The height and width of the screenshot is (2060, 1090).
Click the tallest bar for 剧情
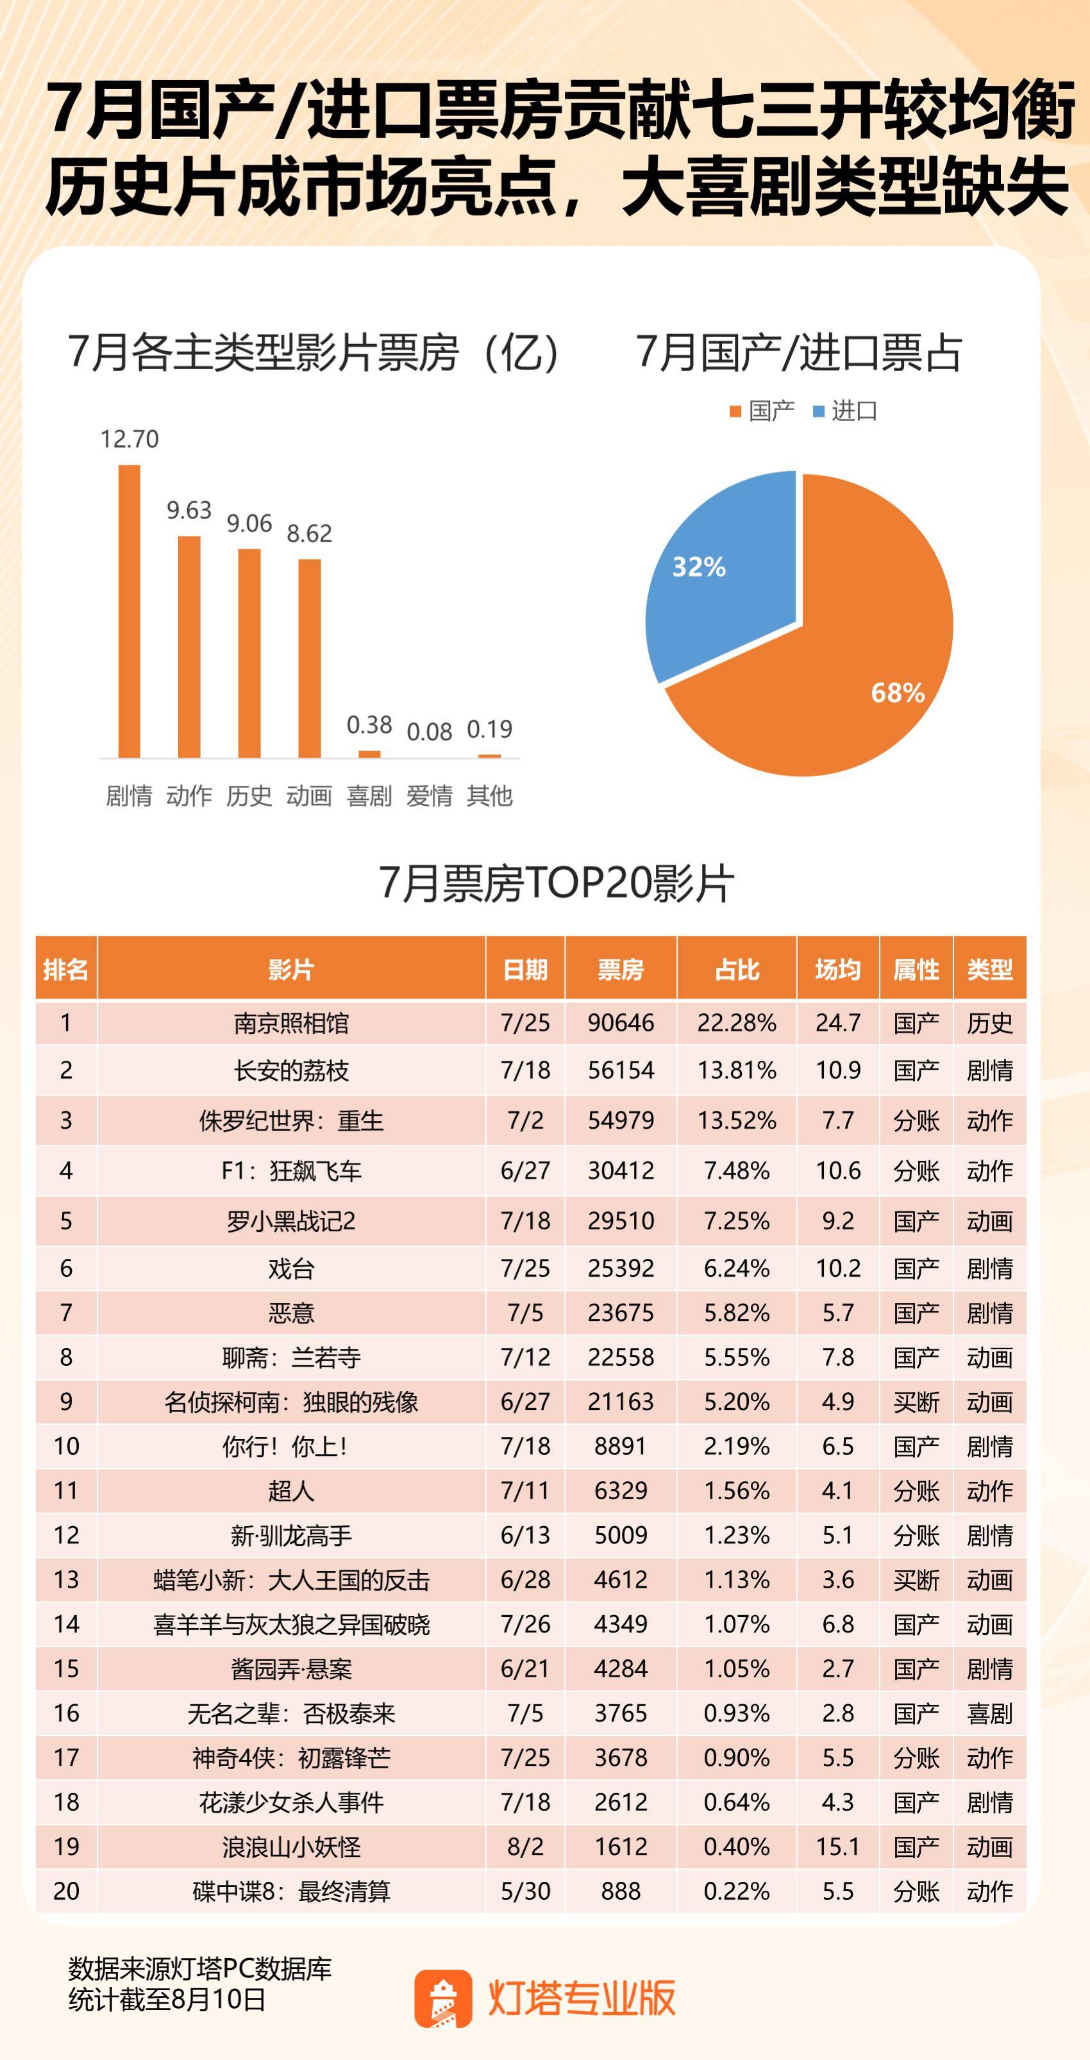point(129,611)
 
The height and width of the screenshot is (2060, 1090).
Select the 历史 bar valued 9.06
point(249,652)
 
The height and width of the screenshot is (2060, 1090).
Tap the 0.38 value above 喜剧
point(369,724)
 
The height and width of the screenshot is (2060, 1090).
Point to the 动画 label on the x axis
point(308,795)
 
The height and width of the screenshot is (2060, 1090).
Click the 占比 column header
point(737,969)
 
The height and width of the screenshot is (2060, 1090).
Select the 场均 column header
point(837,969)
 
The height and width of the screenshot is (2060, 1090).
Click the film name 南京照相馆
point(291,1023)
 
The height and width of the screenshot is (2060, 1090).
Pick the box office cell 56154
point(621,1070)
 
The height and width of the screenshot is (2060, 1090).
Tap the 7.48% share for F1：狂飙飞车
point(737,1171)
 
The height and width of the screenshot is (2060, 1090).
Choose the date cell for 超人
point(524,1491)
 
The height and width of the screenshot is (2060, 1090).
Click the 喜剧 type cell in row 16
point(989,1714)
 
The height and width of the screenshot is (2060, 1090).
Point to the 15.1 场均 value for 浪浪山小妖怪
point(837,1847)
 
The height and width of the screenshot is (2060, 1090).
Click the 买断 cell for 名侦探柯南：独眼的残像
point(916,1402)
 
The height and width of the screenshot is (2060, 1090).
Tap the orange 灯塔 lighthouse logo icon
point(442,1998)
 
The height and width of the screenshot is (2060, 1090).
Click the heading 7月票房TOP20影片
point(556,884)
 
